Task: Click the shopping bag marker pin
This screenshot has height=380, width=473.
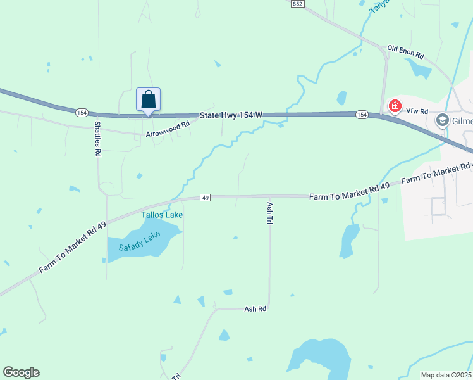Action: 148,101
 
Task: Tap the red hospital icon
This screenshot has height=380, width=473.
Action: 395,106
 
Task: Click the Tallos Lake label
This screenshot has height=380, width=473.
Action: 162,215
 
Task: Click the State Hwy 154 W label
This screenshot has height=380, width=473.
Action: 230,115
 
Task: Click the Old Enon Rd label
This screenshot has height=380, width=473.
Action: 405,51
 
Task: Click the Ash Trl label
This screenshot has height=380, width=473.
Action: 269,213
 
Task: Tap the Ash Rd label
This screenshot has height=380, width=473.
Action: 255,309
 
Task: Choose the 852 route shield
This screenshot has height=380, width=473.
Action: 298,4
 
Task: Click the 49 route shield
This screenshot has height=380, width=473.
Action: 205,198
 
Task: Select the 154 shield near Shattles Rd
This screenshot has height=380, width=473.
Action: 81,113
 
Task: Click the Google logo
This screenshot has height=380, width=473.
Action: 21,372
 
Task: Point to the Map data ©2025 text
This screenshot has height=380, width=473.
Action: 446,375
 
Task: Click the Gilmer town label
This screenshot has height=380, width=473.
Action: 462,120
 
